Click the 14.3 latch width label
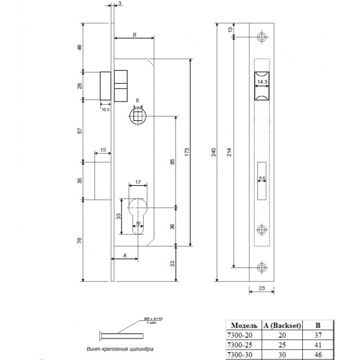point(262,81)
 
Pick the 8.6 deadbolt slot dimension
point(262,178)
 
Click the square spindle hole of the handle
point(138,116)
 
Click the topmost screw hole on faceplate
point(262,37)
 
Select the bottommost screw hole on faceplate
point(262,267)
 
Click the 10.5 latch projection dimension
point(106,109)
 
